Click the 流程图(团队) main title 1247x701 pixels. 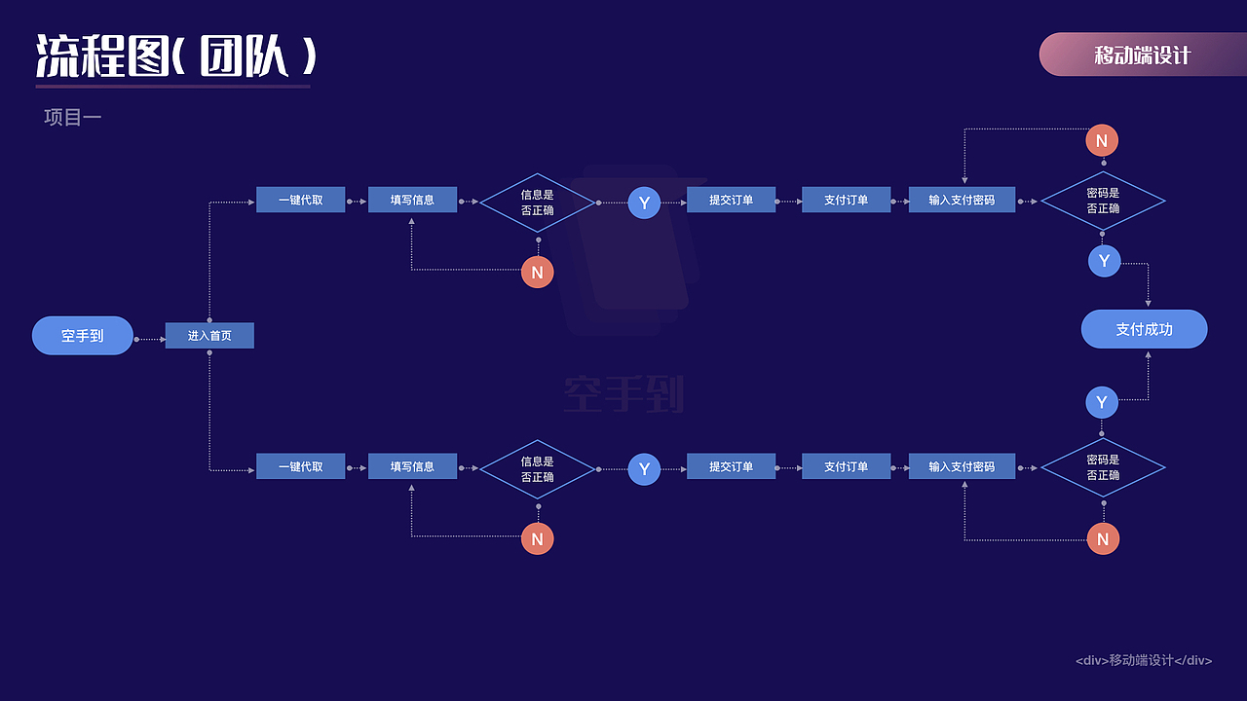pos(176,55)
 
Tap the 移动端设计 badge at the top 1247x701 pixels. pos(1143,54)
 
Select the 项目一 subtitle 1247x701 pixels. pos(73,118)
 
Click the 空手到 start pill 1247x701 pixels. pos(83,336)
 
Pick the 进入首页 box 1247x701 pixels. pos(209,336)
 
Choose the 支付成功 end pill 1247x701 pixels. pos(1144,329)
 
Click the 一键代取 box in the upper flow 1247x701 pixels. pos(301,200)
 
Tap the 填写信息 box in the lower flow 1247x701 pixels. pos(412,466)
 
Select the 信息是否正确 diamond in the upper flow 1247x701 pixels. pos(537,203)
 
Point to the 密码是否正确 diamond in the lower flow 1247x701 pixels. pos(1103,467)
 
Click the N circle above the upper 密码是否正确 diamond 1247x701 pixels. pos(1102,141)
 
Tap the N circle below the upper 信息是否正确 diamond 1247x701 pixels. pos(537,272)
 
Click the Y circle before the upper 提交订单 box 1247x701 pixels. pos(644,203)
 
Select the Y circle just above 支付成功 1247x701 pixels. pos(1105,261)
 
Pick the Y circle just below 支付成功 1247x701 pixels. pos(1102,402)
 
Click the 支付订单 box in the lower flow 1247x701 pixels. pos(847,466)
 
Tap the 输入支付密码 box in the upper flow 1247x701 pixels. pos(962,200)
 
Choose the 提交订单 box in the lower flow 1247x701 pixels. pos(731,466)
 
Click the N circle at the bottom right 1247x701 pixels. pos(1103,538)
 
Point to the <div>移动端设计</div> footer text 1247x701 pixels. pos(1144,660)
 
